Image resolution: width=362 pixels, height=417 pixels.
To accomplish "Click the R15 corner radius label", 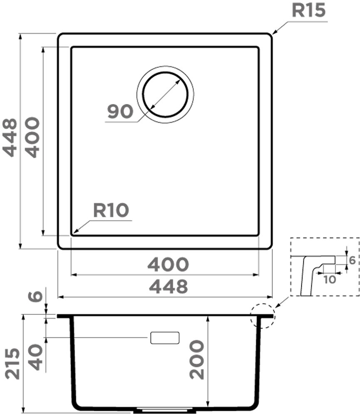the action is click(x=308, y=11).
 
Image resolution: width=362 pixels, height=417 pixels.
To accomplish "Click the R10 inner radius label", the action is click(x=111, y=210).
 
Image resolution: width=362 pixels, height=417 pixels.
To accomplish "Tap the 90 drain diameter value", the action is click(x=120, y=111).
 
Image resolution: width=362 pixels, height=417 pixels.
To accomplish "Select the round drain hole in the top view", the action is click(x=165, y=94).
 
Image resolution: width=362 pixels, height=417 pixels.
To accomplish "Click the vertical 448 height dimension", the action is click(x=10, y=138).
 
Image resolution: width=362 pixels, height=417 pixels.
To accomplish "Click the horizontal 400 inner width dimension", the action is click(x=168, y=264).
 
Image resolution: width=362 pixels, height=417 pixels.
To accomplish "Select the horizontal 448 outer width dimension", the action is click(x=169, y=286).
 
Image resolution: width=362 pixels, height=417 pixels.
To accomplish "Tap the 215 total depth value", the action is click(x=12, y=364).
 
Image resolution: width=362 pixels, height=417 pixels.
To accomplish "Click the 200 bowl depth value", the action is click(x=197, y=359).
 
